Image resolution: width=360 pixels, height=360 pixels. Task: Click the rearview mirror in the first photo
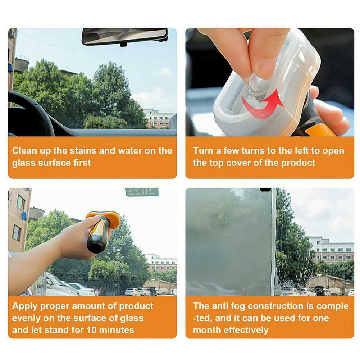(125, 36)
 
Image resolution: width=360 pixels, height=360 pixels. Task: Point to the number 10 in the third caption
(91, 330)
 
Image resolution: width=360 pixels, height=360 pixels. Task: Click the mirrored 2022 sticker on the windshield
(142, 192)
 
